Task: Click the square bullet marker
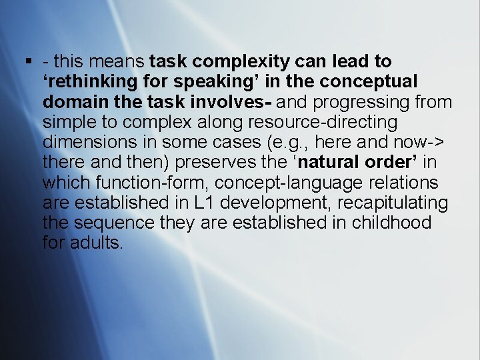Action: click(x=29, y=62)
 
